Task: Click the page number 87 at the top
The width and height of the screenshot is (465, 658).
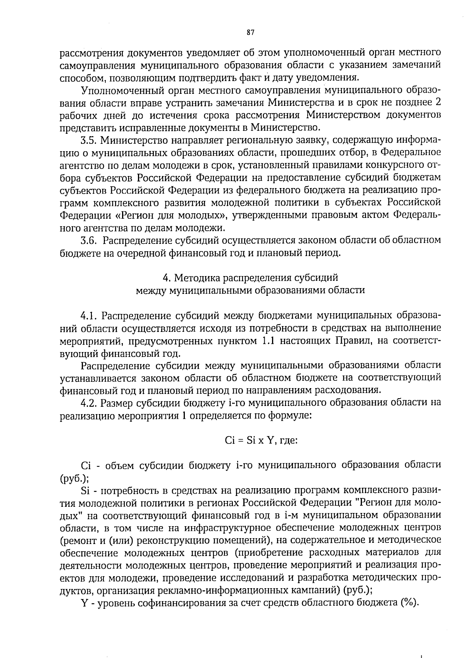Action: point(250,33)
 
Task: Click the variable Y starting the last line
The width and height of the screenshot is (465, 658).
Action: point(84,614)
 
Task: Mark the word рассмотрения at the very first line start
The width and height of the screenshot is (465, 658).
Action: point(90,53)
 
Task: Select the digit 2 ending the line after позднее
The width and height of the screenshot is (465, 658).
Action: point(438,103)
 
